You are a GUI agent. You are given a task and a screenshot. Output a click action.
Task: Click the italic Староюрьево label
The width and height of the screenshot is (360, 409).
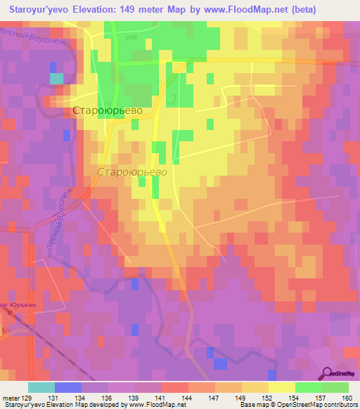pyautogui.click(x=131, y=171)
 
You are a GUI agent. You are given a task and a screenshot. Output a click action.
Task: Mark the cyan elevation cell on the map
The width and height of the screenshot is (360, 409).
pyautogui.click(x=56, y=78)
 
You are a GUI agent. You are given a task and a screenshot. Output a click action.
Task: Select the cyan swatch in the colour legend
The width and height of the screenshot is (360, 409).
pyautogui.click(x=41, y=387)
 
